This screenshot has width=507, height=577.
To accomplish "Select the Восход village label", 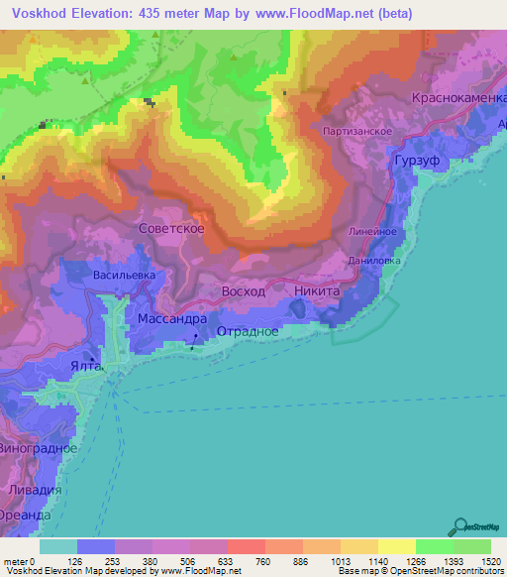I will (x=243, y=292).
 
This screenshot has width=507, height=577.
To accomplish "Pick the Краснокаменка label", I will (x=457, y=100).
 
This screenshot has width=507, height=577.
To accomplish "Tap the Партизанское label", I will (x=358, y=131).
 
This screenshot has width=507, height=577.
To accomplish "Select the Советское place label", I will (x=171, y=228).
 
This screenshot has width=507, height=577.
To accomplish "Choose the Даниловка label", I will (x=374, y=261).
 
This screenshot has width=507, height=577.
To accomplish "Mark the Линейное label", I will (x=373, y=230).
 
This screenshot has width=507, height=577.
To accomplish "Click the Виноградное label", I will (x=41, y=448).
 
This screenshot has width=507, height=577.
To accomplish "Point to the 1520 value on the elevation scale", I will (x=489, y=561).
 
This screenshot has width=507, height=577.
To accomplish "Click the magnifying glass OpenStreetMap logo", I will (x=459, y=526).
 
